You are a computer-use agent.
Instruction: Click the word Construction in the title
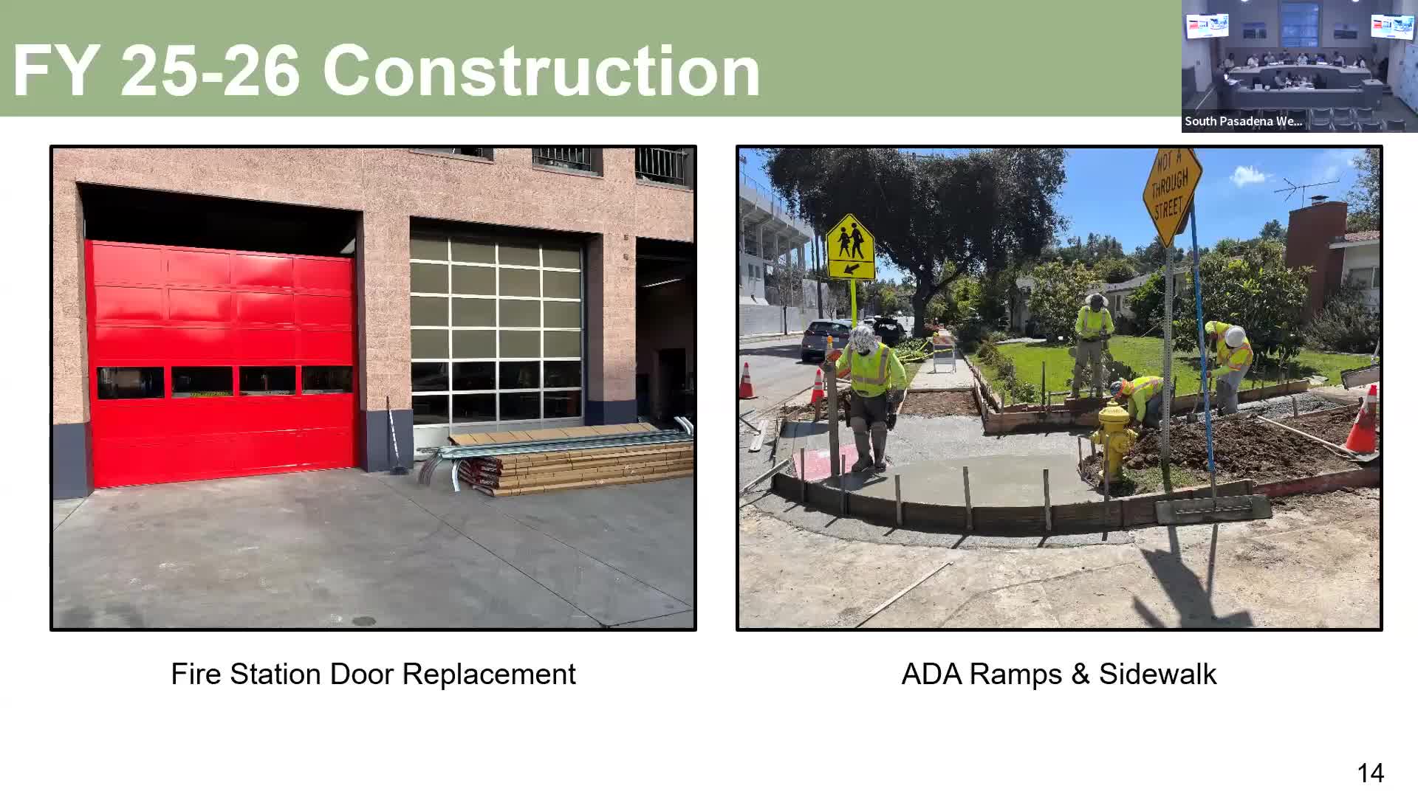tap(541, 71)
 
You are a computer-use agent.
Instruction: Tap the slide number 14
tap(1370, 773)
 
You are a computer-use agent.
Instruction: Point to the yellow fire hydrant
tap(1113, 441)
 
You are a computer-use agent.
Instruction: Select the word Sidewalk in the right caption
tap(1157, 674)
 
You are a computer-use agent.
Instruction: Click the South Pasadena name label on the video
tap(1244, 122)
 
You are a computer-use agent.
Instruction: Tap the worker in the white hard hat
tap(1230, 365)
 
